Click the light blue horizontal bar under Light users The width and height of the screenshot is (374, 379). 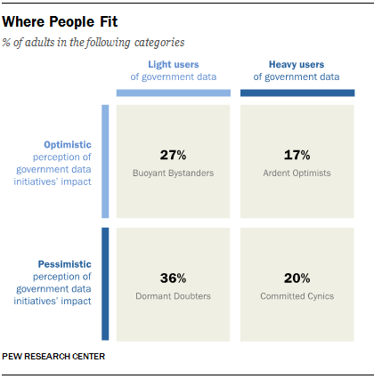pos(174,93)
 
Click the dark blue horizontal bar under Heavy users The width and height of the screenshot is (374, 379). pos(297,93)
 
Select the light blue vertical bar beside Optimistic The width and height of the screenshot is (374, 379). pos(105,161)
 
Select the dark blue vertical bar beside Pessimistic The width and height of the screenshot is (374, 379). pos(105,284)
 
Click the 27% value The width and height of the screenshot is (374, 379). pos(174,154)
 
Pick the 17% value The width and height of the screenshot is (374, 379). pos(297,154)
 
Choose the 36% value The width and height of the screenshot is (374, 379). pos(174,277)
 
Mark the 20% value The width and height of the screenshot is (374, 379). pos(297,277)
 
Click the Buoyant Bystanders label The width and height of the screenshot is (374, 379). pos(174,173)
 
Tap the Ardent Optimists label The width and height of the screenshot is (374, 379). pos(297,173)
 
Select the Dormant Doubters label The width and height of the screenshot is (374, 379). pos(174,295)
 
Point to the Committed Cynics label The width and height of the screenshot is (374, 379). pos(297,295)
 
